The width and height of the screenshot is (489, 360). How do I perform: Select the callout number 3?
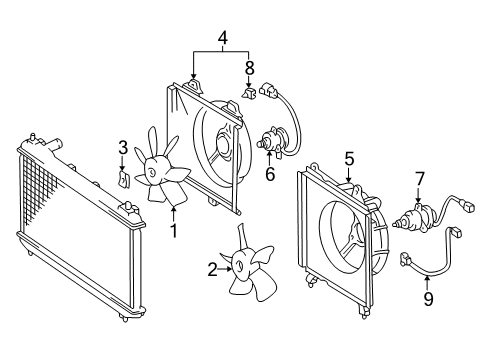pos(122,148)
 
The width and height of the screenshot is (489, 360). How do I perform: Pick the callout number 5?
pos(349,157)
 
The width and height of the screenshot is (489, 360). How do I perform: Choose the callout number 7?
pos(420,178)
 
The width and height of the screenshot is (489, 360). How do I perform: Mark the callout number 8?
pos(249,69)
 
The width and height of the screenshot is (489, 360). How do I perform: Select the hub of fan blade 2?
pos(241,267)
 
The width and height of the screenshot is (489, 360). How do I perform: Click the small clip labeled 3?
pos(122,180)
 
